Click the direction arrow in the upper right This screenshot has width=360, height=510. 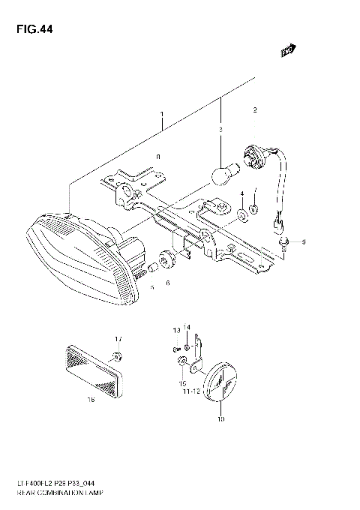(286, 50)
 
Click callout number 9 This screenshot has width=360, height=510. (303, 242)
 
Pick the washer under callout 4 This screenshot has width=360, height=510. (242, 217)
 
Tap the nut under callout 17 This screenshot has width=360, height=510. (117, 355)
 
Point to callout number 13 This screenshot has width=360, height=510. (176, 330)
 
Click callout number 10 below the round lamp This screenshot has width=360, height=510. (220, 421)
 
